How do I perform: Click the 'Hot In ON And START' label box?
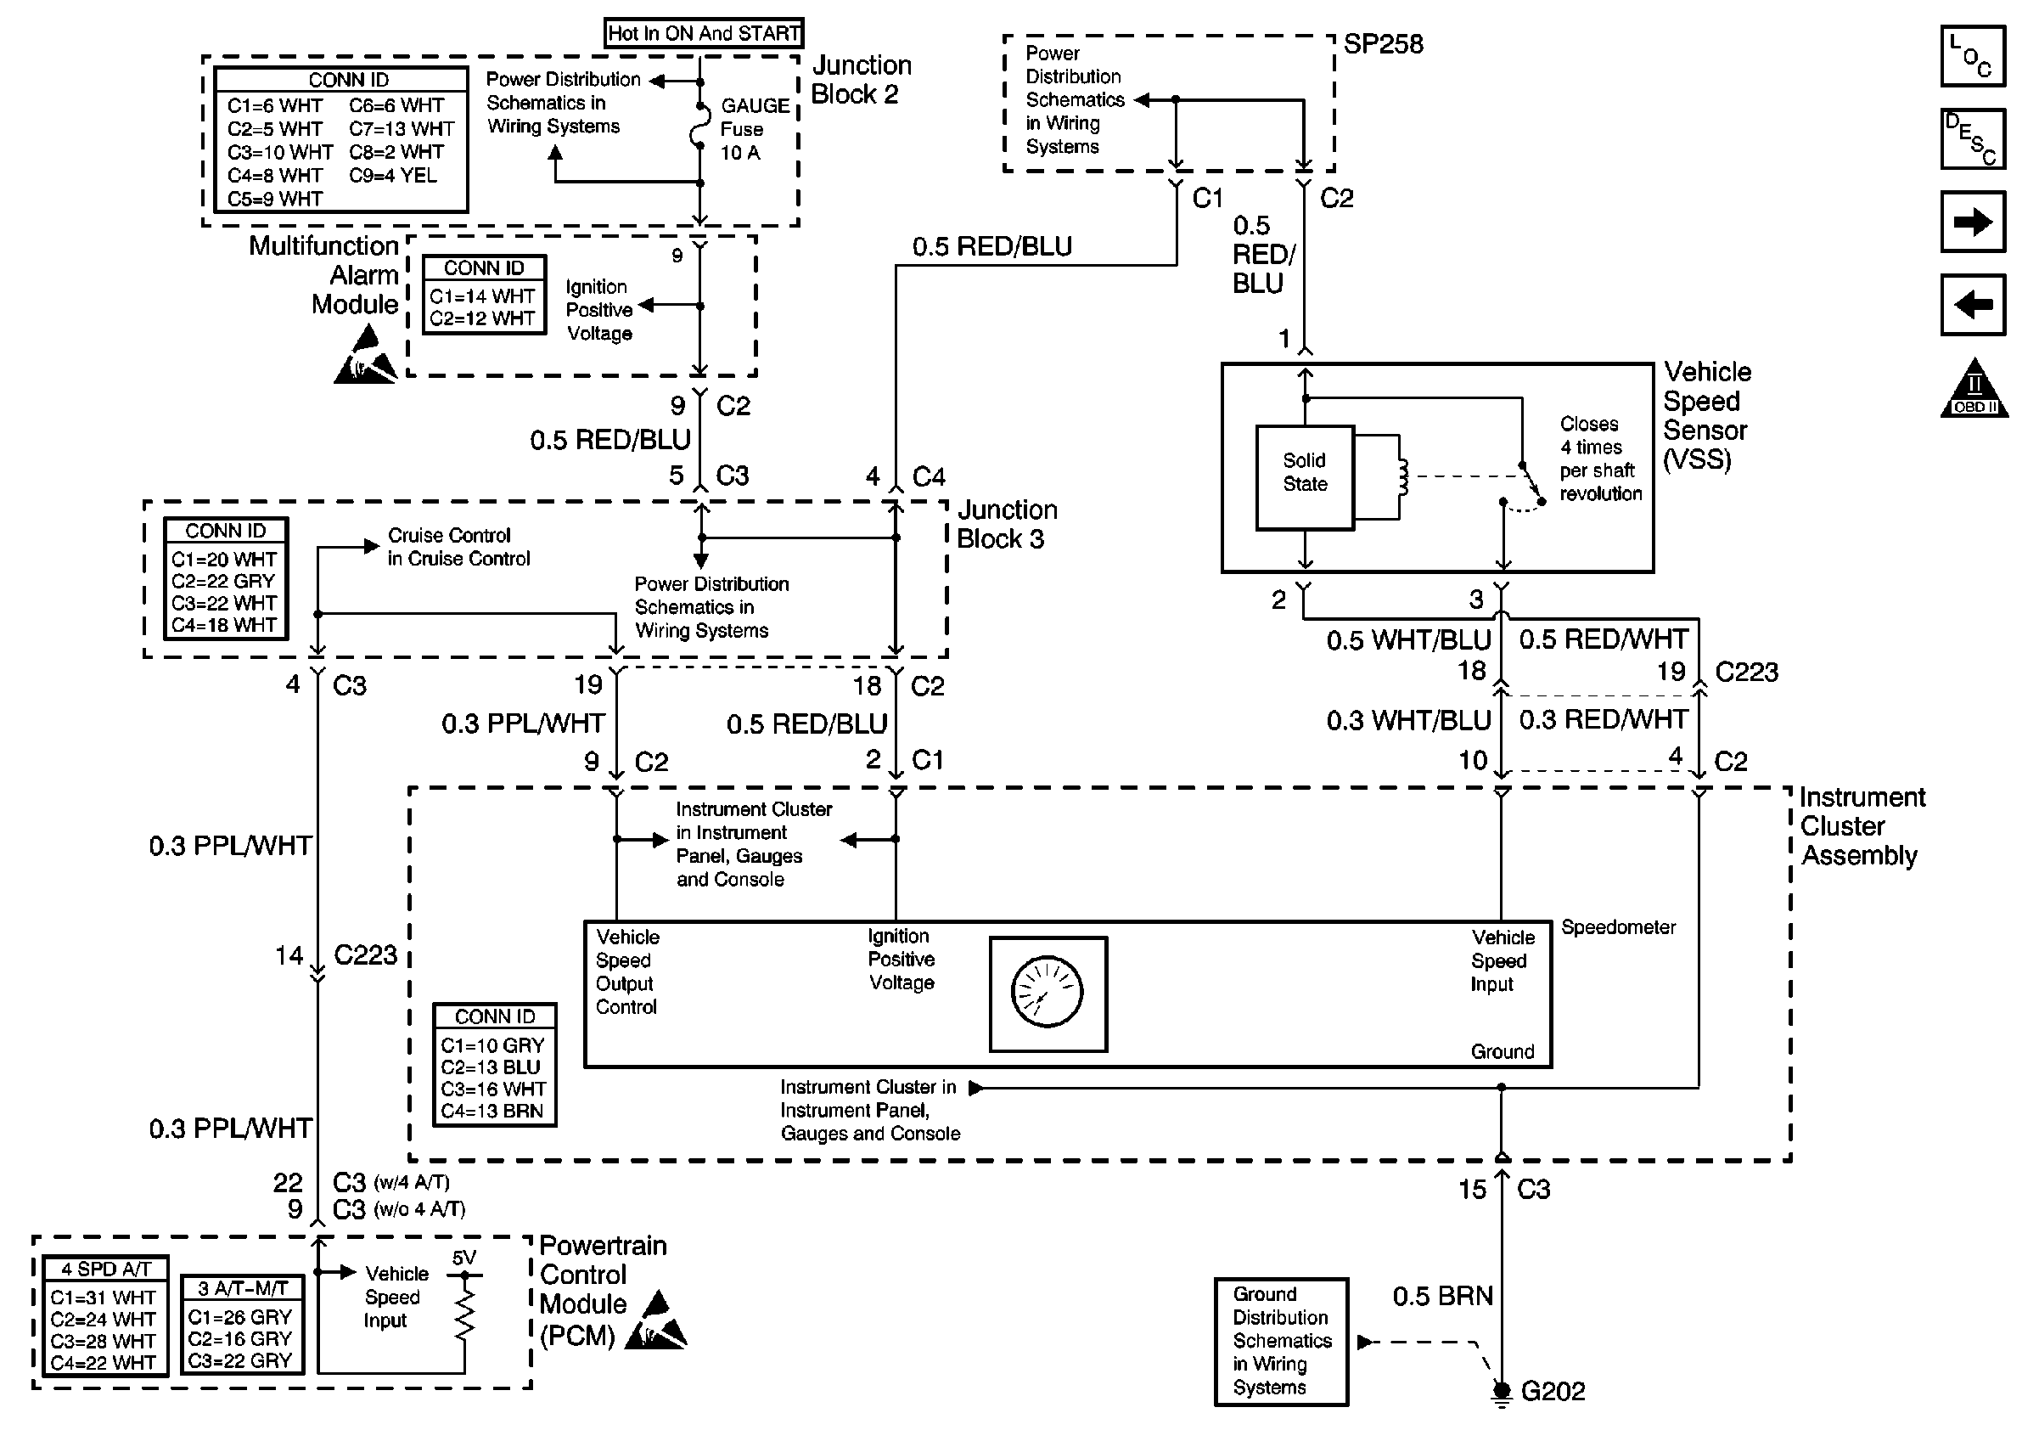click(x=704, y=33)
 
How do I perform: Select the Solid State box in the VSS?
click(x=1304, y=477)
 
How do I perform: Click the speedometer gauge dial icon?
click(x=1047, y=993)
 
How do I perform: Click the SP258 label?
click(x=1383, y=43)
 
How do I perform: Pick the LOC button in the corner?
click(x=1973, y=56)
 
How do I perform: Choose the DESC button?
click(x=1973, y=138)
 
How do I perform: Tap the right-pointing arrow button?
click(x=1973, y=221)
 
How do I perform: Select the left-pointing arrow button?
click(x=1973, y=305)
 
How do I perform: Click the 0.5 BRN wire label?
click(x=1441, y=1296)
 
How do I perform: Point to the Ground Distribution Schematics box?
click(x=1281, y=1341)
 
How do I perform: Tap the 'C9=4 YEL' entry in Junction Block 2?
click(x=392, y=175)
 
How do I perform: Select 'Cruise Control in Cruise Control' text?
click(x=458, y=546)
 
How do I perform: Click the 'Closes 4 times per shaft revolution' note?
click(x=1599, y=459)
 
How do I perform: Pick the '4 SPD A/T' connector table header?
click(x=104, y=1269)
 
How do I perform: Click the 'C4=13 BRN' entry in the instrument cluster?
click(x=491, y=1110)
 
